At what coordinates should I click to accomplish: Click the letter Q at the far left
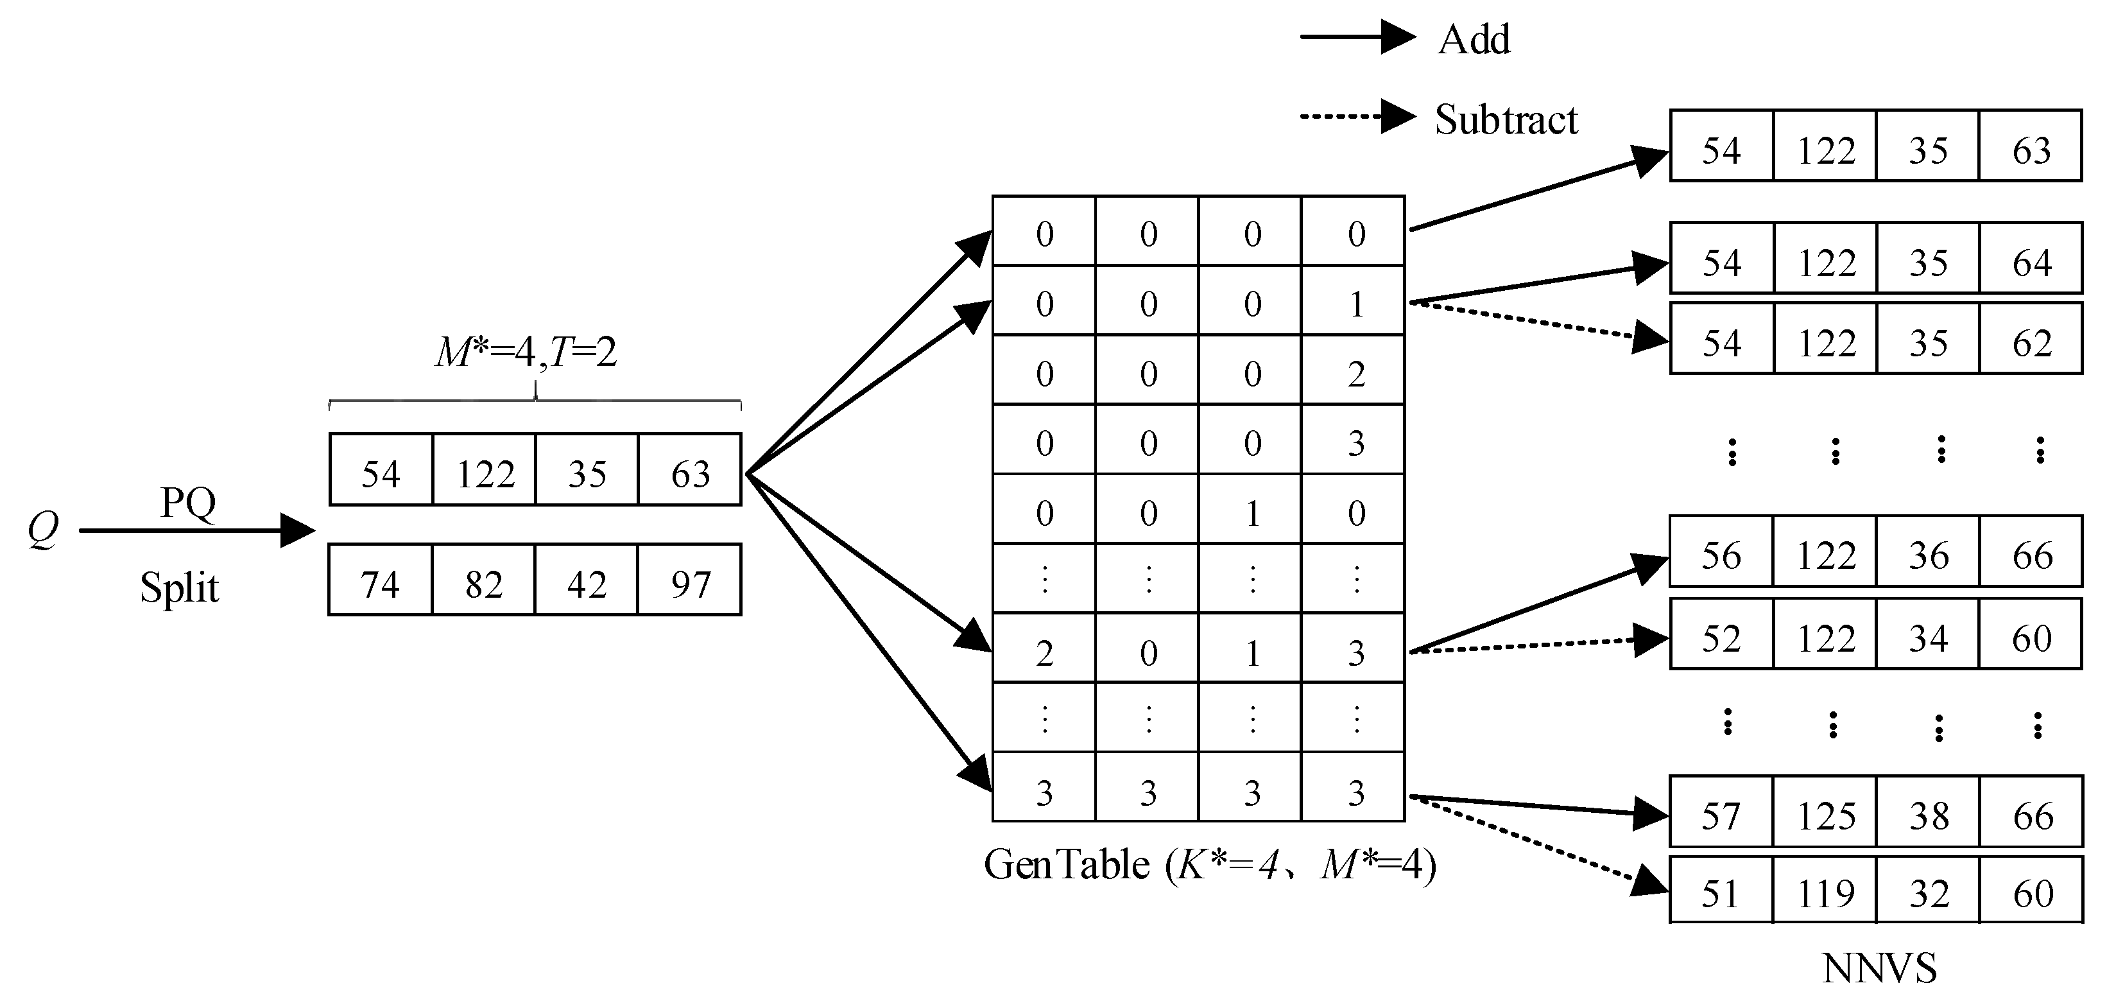tap(42, 530)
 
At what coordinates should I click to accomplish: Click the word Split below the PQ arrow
tap(179, 587)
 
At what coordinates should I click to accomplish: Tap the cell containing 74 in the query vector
tap(381, 584)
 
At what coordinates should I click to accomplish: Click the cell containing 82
tap(483, 584)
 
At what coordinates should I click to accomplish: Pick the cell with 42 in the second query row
tap(587, 584)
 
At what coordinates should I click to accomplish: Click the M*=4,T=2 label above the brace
tap(526, 352)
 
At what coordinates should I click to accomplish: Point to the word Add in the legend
tap(1474, 39)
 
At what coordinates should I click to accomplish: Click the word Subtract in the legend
tap(1505, 119)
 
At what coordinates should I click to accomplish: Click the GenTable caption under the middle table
tap(1209, 865)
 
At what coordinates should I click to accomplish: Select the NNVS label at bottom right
tap(1879, 969)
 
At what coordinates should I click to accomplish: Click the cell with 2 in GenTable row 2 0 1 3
tap(1044, 653)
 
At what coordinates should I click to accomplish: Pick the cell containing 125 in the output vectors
tap(1826, 816)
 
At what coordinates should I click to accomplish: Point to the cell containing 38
tap(1929, 816)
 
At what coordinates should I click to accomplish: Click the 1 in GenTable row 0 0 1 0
tap(1252, 513)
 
